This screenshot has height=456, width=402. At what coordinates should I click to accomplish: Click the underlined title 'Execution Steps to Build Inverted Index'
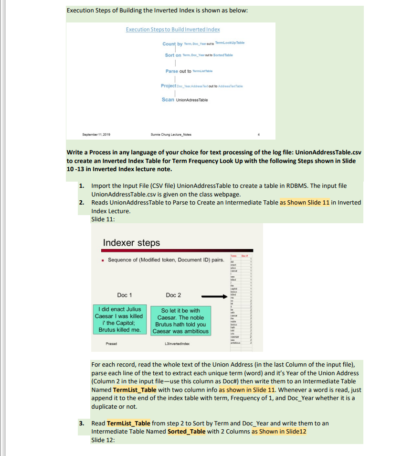click(173, 30)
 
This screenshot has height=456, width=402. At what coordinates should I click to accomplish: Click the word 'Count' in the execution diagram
click(169, 43)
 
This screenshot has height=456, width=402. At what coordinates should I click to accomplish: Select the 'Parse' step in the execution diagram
click(172, 71)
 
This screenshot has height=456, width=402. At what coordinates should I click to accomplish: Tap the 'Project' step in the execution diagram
click(169, 86)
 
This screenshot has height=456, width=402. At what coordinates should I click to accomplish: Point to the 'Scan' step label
click(168, 99)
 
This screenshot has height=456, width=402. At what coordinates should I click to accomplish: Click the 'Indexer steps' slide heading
click(131, 243)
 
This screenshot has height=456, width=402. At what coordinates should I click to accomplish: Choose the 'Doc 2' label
click(173, 295)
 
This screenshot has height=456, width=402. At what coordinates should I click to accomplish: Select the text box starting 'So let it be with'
click(180, 321)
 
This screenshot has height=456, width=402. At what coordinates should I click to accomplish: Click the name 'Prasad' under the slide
click(111, 343)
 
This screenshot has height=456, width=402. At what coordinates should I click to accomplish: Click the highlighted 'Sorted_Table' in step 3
click(187, 431)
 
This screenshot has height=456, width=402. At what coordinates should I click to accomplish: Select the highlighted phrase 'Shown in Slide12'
click(279, 431)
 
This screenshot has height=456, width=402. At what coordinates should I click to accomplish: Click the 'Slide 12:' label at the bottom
click(103, 440)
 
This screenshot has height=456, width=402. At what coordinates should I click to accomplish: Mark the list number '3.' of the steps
click(82, 423)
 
